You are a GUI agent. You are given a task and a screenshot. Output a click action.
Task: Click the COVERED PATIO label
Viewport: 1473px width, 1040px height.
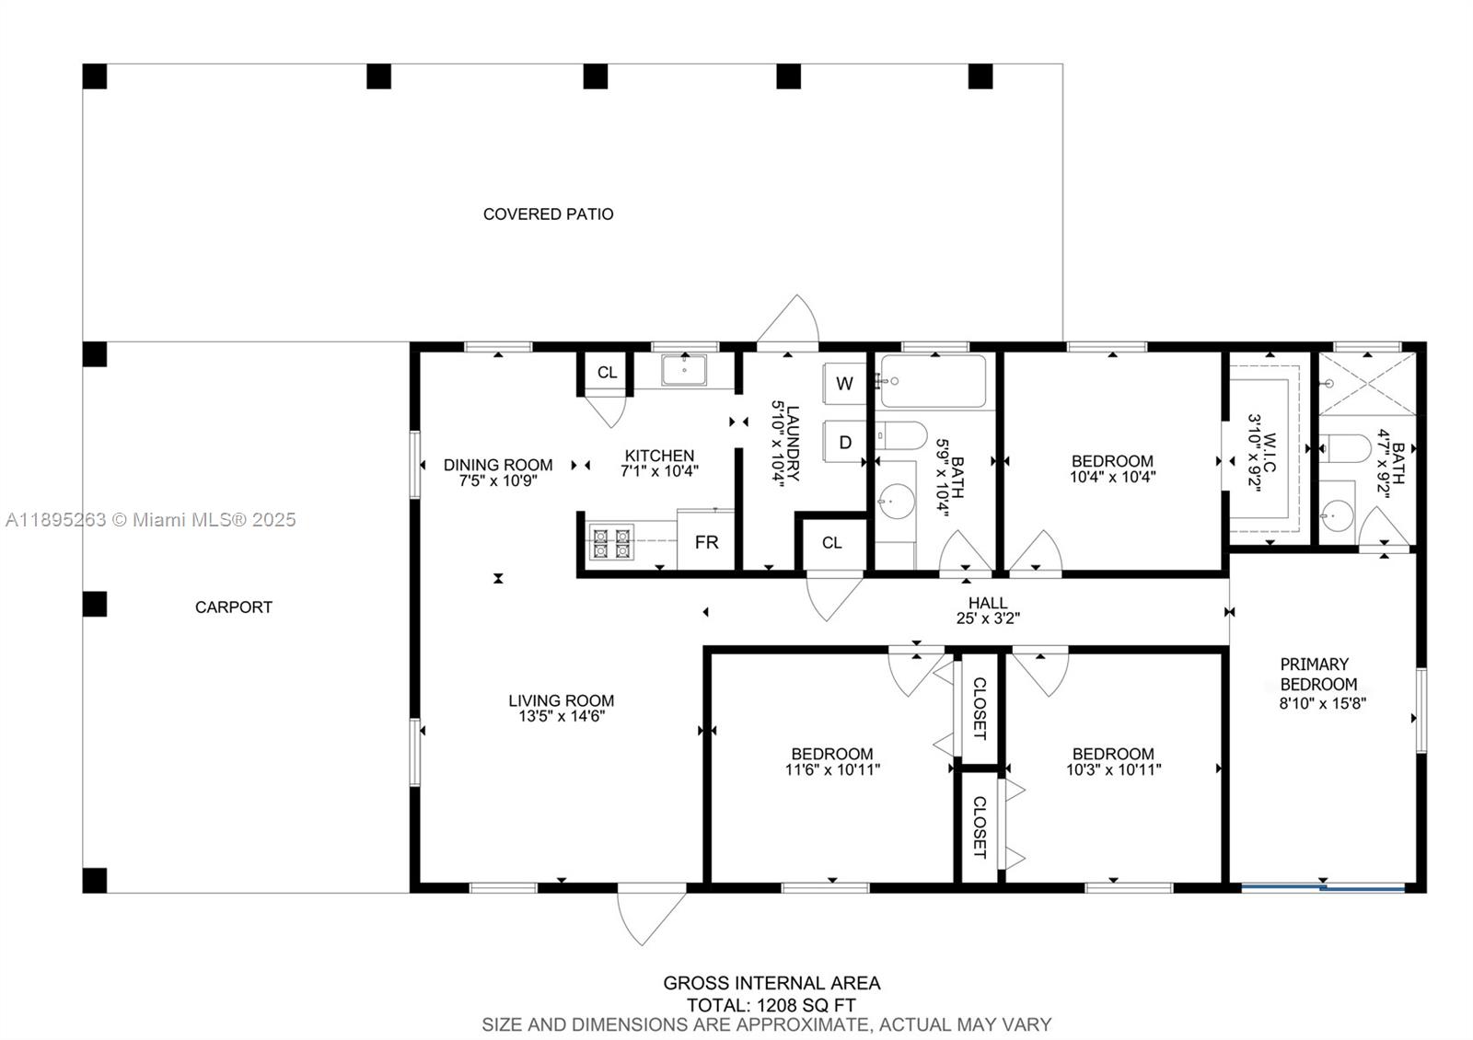(548, 214)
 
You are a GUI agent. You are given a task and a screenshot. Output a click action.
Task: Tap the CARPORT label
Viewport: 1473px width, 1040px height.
(233, 607)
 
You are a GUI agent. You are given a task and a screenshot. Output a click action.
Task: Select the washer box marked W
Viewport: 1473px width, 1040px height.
(845, 383)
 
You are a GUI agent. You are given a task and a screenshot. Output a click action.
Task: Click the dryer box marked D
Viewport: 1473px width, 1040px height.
(845, 442)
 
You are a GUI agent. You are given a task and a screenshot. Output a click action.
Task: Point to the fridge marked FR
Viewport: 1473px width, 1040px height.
(706, 542)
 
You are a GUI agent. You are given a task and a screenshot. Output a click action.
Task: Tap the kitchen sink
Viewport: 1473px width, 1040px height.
(683, 370)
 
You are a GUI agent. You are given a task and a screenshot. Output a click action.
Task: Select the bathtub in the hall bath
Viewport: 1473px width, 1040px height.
(934, 380)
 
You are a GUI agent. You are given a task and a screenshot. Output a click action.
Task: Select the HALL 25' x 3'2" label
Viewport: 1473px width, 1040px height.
(988, 610)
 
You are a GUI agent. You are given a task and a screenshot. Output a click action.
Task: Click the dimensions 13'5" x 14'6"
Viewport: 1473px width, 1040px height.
(561, 716)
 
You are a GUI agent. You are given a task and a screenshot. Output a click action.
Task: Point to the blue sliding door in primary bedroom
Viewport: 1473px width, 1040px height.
(1323, 888)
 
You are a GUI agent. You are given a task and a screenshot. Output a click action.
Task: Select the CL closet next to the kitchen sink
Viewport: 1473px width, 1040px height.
(607, 373)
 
